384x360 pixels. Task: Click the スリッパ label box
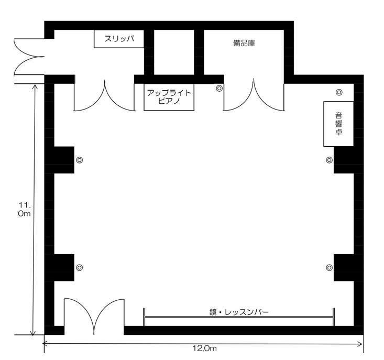pyautogui.click(x=119, y=39)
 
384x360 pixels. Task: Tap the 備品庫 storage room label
pyautogui.click(x=244, y=43)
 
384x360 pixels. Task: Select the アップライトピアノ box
pyautogui.click(x=169, y=97)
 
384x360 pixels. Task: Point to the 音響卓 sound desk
pyautogui.click(x=338, y=124)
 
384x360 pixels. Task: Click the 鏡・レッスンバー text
pyautogui.click(x=239, y=312)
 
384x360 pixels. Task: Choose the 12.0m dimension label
pyautogui.click(x=204, y=348)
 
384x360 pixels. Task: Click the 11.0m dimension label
pyautogui.click(x=25, y=209)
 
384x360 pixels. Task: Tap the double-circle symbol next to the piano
pyautogui.click(x=219, y=88)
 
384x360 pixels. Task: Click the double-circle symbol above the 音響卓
pyautogui.click(x=339, y=92)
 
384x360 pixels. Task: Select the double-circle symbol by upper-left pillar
pyautogui.click(x=79, y=160)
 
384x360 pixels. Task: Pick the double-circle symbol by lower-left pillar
pyautogui.click(x=79, y=267)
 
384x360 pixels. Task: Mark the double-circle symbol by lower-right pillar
pyautogui.click(x=330, y=267)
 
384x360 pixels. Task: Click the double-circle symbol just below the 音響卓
pyautogui.click(x=330, y=160)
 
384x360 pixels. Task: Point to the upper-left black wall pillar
pyautogui.click(x=60, y=160)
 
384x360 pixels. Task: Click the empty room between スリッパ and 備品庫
pyautogui.click(x=174, y=52)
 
